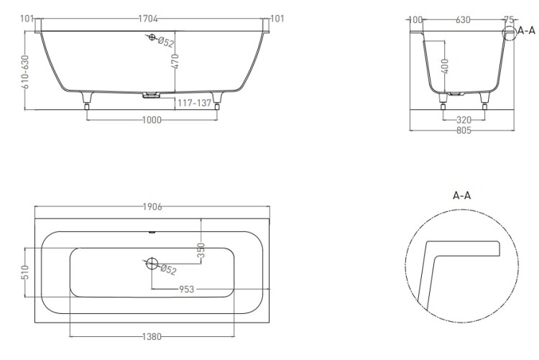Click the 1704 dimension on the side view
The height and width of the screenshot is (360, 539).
(148, 19)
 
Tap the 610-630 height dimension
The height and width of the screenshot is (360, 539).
(25, 72)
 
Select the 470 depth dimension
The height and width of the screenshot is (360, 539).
(175, 62)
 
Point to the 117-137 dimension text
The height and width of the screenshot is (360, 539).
(194, 103)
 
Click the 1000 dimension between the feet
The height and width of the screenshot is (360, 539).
(152, 120)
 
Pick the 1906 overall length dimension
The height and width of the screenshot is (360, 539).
(152, 207)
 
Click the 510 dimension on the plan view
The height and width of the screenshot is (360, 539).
(25, 272)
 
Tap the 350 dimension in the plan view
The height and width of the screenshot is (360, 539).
(201, 250)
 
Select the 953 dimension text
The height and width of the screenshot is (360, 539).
(187, 290)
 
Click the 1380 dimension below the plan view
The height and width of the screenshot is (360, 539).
(152, 336)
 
